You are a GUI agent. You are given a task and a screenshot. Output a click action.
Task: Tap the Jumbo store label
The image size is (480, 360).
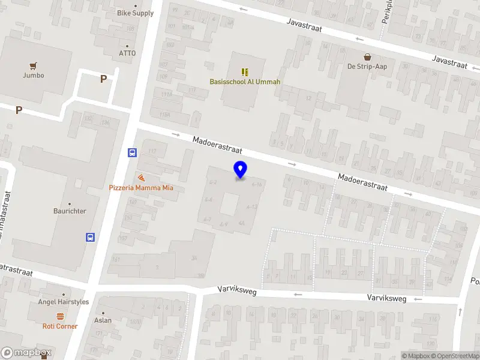(34, 76)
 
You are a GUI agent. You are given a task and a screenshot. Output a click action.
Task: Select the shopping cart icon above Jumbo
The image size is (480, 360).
(34, 65)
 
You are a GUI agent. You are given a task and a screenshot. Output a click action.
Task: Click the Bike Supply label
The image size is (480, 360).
(135, 13)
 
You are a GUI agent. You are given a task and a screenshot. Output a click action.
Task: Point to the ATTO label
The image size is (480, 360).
(127, 53)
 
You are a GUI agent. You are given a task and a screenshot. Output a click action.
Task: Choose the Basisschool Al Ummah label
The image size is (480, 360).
(245, 82)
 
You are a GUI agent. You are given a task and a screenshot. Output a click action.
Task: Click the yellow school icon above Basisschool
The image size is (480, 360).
(245, 71)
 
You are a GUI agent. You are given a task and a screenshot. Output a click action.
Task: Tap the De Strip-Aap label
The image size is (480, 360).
(367, 67)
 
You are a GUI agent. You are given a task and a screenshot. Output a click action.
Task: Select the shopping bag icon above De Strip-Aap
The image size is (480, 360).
(367, 57)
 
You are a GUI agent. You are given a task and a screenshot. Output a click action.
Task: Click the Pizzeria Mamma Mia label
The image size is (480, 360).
(141, 188)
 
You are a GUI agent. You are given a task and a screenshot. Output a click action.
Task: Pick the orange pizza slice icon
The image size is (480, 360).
(141, 178)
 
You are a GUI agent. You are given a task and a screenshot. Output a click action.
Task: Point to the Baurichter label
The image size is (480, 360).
(70, 211)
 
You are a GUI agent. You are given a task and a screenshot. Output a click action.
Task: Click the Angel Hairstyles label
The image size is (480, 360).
(64, 302)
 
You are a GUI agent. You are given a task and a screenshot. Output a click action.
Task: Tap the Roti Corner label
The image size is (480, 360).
(60, 326)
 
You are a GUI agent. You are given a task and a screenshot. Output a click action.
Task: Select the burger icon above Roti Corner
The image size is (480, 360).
(60, 316)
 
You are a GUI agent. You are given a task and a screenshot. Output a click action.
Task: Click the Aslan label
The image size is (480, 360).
(103, 320)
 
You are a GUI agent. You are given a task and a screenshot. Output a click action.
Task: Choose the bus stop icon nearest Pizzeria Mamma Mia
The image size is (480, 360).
(132, 153)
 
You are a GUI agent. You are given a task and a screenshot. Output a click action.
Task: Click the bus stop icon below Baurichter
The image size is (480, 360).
(91, 237)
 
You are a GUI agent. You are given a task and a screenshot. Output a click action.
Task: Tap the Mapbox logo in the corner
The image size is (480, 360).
(26, 353)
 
